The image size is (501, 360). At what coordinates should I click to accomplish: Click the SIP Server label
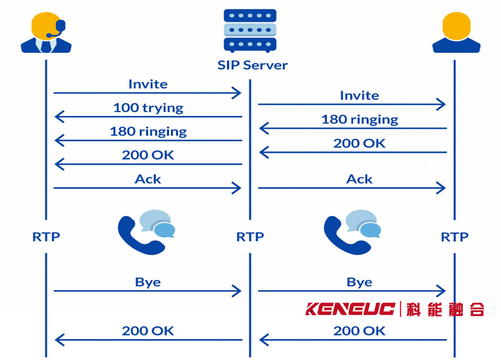click(253, 65)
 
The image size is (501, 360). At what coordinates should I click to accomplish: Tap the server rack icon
click(250, 31)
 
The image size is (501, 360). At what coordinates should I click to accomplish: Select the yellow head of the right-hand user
click(456, 26)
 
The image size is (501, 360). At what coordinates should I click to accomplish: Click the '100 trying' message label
click(148, 108)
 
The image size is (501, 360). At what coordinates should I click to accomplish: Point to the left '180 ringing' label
click(148, 132)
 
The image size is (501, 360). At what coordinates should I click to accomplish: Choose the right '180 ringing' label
click(360, 120)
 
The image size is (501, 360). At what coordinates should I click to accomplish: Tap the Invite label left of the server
click(148, 84)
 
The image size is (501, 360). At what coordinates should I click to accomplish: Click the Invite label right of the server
click(360, 96)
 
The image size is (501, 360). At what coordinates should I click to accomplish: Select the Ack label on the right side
click(360, 179)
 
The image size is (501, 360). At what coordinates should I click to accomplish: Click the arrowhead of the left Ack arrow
click(237, 188)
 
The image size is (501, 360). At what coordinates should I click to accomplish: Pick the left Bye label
click(148, 282)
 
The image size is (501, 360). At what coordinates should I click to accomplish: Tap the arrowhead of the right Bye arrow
click(441, 291)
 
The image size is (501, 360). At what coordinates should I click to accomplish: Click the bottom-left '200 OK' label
click(148, 331)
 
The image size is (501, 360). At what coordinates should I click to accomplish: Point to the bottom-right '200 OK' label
click(360, 331)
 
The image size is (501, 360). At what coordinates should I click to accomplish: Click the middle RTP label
click(250, 237)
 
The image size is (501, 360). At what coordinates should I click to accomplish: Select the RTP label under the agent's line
click(47, 237)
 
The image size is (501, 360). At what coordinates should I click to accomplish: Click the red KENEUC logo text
click(350, 309)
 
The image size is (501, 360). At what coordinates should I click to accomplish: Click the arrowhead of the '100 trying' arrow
click(60, 117)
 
